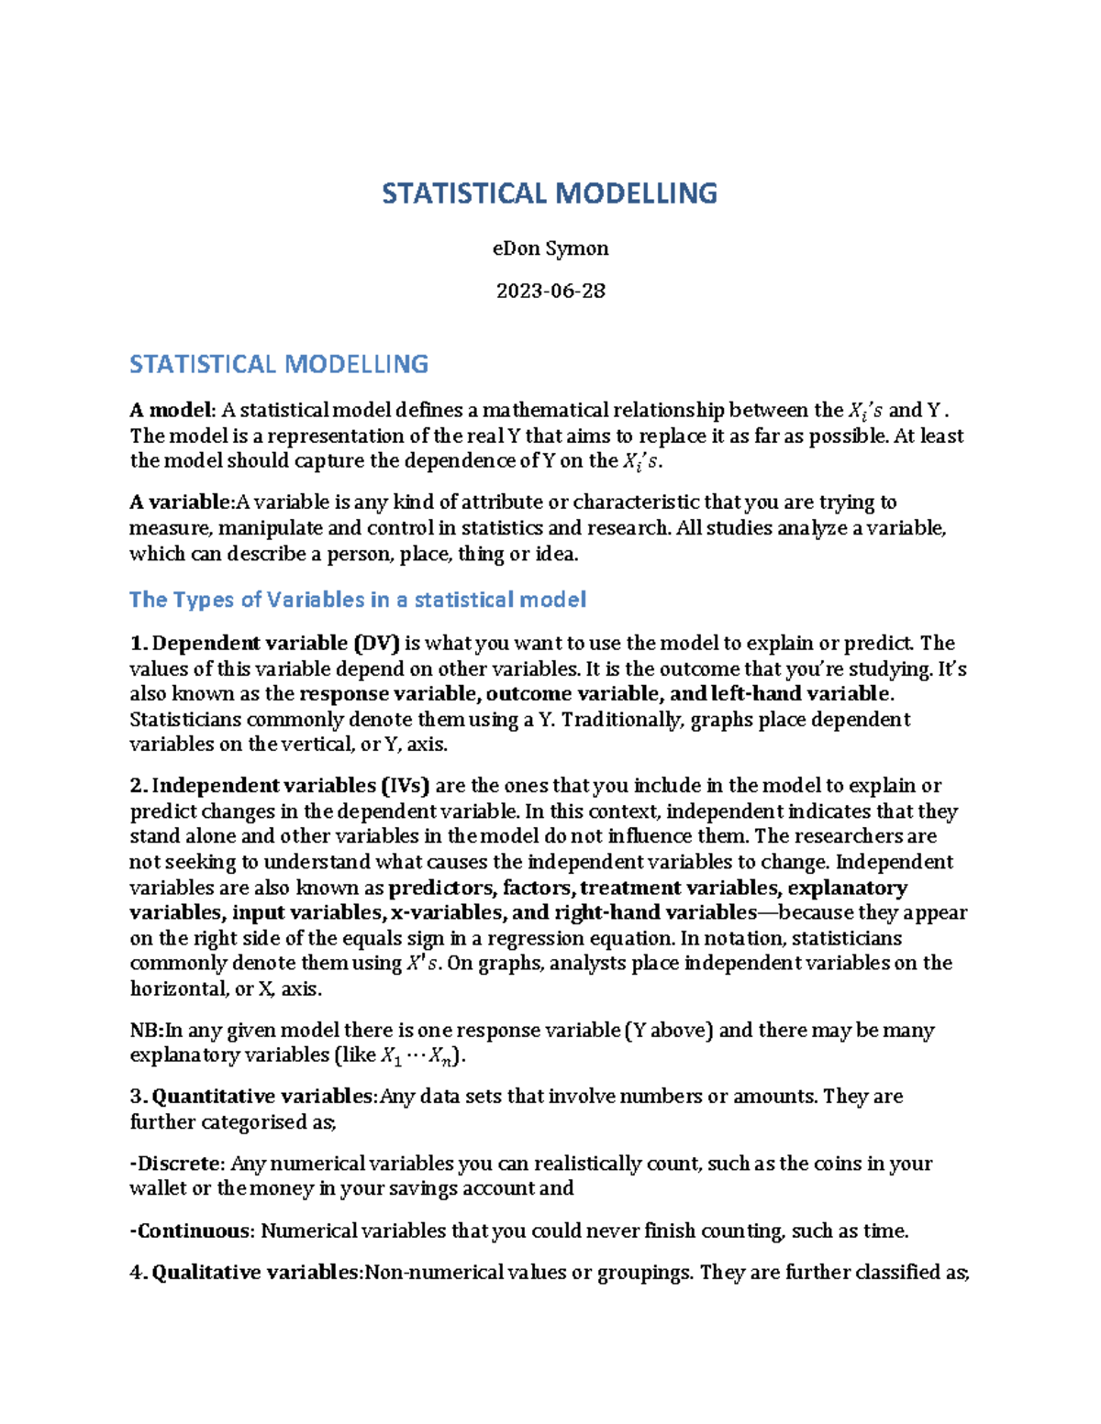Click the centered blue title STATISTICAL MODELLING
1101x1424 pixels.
pos(550,193)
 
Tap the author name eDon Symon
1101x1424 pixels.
pos(550,248)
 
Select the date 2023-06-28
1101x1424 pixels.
pos(550,291)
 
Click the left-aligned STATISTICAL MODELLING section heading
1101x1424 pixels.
pos(279,364)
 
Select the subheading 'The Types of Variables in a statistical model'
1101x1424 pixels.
pos(358,600)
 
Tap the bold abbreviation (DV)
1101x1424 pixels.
pos(377,643)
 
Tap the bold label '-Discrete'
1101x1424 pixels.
pos(176,1164)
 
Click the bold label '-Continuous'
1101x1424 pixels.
pos(190,1231)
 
